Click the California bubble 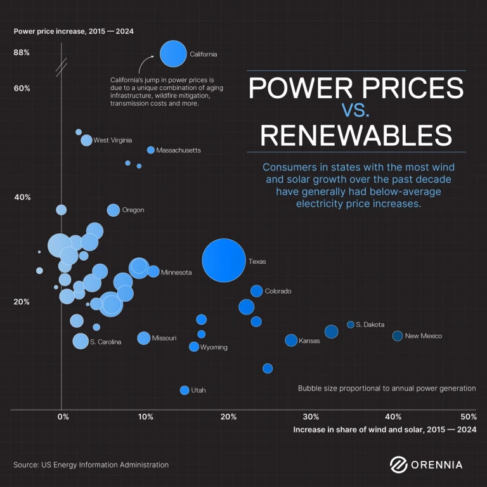click(x=172, y=54)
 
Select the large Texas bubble click(x=223, y=261)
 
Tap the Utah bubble click(x=185, y=390)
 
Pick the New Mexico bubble click(x=398, y=335)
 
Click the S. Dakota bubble click(x=351, y=325)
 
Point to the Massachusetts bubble click(x=151, y=150)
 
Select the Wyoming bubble click(x=194, y=347)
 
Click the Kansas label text click(x=309, y=341)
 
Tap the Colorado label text click(x=278, y=291)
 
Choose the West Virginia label click(x=113, y=140)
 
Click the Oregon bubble click(x=114, y=210)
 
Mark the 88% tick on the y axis click(x=22, y=53)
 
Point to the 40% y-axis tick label click(x=22, y=197)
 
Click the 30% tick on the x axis click(x=311, y=417)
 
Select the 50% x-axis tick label click(x=469, y=417)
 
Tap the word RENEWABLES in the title click(x=356, y=136)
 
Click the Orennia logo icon click(x=398, y=464)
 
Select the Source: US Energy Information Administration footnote click(x=91, y=465)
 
